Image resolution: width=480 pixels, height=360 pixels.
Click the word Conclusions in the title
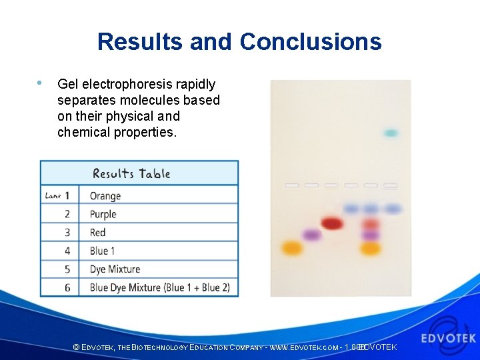(311, 41)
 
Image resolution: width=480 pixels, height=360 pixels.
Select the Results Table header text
(131, 174)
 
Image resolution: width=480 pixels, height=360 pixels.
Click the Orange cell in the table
(105, 196)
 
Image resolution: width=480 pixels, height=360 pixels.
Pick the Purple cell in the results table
(103, 214)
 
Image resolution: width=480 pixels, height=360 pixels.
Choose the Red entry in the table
(98, 233)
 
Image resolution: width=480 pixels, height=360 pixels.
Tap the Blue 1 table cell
(103, 251)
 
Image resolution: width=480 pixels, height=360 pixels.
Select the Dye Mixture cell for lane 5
(115, 269)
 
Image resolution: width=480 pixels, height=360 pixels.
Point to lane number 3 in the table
(67, 233)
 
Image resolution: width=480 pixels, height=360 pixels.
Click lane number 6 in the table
(67, 288)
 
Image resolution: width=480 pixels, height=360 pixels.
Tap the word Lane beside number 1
(53, 196)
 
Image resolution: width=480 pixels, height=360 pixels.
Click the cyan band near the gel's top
(391, 133)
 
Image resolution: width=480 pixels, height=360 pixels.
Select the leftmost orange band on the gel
(291, 248)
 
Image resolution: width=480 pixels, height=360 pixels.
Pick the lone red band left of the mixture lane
(331, 223)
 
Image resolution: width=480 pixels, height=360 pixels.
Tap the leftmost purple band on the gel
(311, 235)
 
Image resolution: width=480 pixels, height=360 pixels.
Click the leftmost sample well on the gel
(292, 185)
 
